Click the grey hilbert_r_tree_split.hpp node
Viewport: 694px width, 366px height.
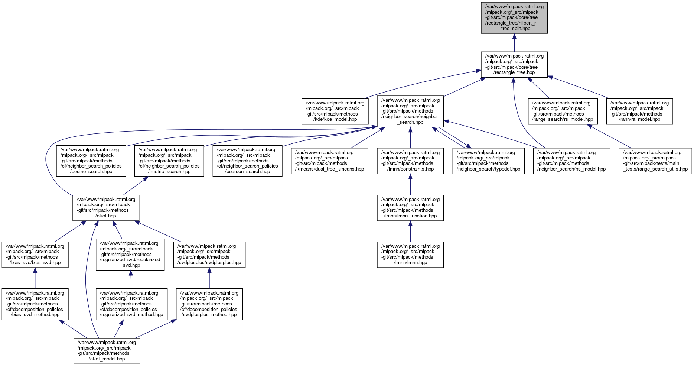(514, 17)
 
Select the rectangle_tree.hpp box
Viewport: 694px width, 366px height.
(514, 65)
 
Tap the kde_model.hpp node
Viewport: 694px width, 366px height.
(335, 111)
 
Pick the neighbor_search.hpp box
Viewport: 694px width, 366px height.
(410, 111)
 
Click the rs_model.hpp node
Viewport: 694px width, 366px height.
(563, 111)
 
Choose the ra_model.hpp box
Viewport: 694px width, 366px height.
(639, 111)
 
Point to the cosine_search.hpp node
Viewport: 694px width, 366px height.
(91, 161)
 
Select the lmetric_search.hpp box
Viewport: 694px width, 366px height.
(169, 161)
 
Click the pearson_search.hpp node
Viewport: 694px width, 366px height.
(247, 161)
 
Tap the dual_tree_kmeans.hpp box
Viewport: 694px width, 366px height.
(329, 161)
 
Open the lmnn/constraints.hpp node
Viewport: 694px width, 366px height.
(410, 161)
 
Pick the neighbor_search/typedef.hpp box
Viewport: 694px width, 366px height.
(488, 161)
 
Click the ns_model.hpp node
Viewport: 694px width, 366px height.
(571, 161)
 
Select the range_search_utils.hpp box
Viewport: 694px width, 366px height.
(655, 161)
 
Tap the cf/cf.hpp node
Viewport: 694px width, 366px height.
(106, 207)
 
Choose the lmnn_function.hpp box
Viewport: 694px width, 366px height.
(410, 207)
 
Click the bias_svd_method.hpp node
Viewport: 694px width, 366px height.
(35, 304)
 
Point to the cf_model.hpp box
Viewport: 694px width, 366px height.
(107, 351)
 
